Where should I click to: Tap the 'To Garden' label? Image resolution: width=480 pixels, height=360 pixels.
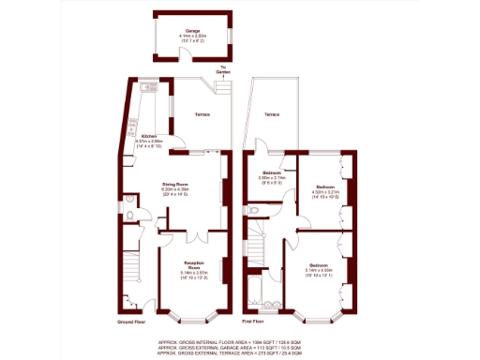point(223,68)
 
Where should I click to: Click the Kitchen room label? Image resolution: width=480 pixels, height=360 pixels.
point(150,137)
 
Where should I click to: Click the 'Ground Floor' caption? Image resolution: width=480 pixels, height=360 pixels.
point(131,321)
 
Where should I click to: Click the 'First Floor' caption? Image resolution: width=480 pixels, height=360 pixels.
point(254,321)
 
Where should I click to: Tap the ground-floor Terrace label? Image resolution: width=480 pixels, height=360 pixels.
point(202,114)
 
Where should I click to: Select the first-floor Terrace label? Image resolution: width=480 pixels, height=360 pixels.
point(271,114)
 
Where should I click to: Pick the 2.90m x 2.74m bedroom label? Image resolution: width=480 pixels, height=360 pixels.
point(272,175)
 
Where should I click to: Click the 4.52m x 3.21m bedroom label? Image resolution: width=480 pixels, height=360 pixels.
point(324,192)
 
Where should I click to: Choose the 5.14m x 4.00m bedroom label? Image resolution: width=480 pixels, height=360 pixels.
point(319,268)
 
